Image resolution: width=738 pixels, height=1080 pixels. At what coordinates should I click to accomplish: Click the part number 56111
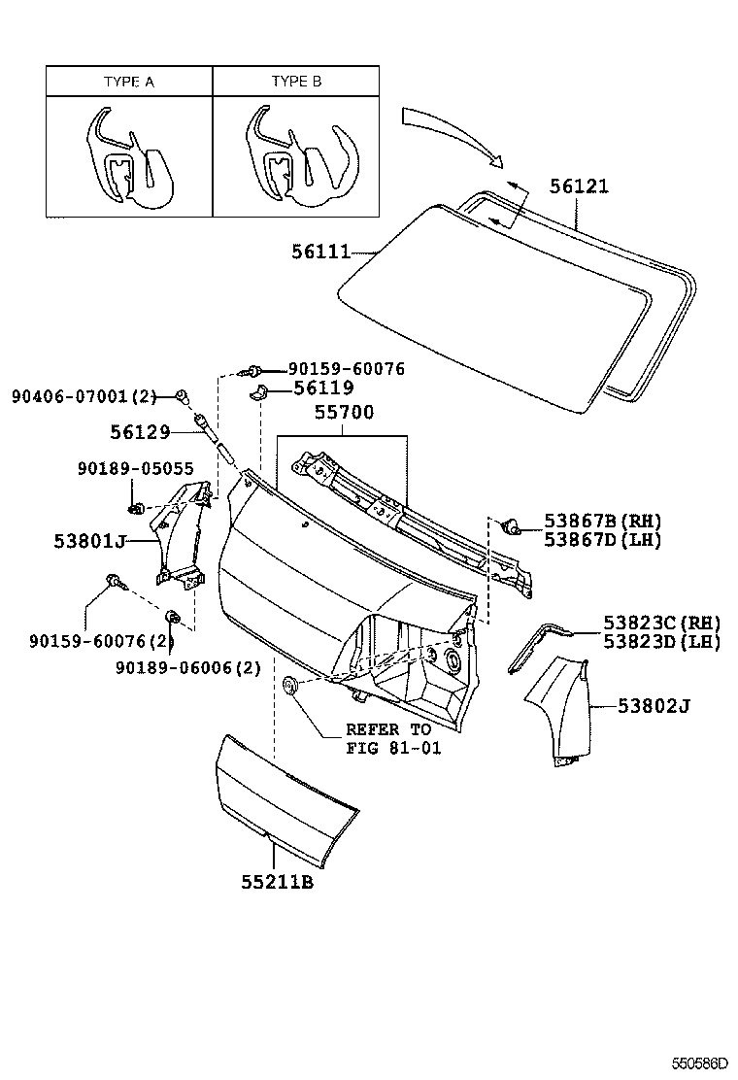pos(319,252)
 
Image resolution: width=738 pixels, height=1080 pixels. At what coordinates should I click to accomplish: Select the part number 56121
pos(579,186)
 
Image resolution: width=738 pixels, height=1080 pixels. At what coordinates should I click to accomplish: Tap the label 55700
pos(343,413)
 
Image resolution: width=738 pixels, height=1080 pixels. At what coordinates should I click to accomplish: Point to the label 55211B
pos(277,883)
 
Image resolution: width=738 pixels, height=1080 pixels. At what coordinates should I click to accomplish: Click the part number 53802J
pos(653,706)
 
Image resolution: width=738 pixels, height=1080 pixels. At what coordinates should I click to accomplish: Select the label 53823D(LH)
pos(660,642)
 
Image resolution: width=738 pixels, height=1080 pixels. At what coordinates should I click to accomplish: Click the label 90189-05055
pos(128,469)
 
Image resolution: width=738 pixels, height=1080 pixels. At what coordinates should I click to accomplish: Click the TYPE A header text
pos(129,83)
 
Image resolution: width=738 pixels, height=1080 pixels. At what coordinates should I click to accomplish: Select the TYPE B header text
pos(296,83)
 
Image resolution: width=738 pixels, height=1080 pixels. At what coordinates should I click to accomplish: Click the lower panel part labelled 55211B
pos(282,796)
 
